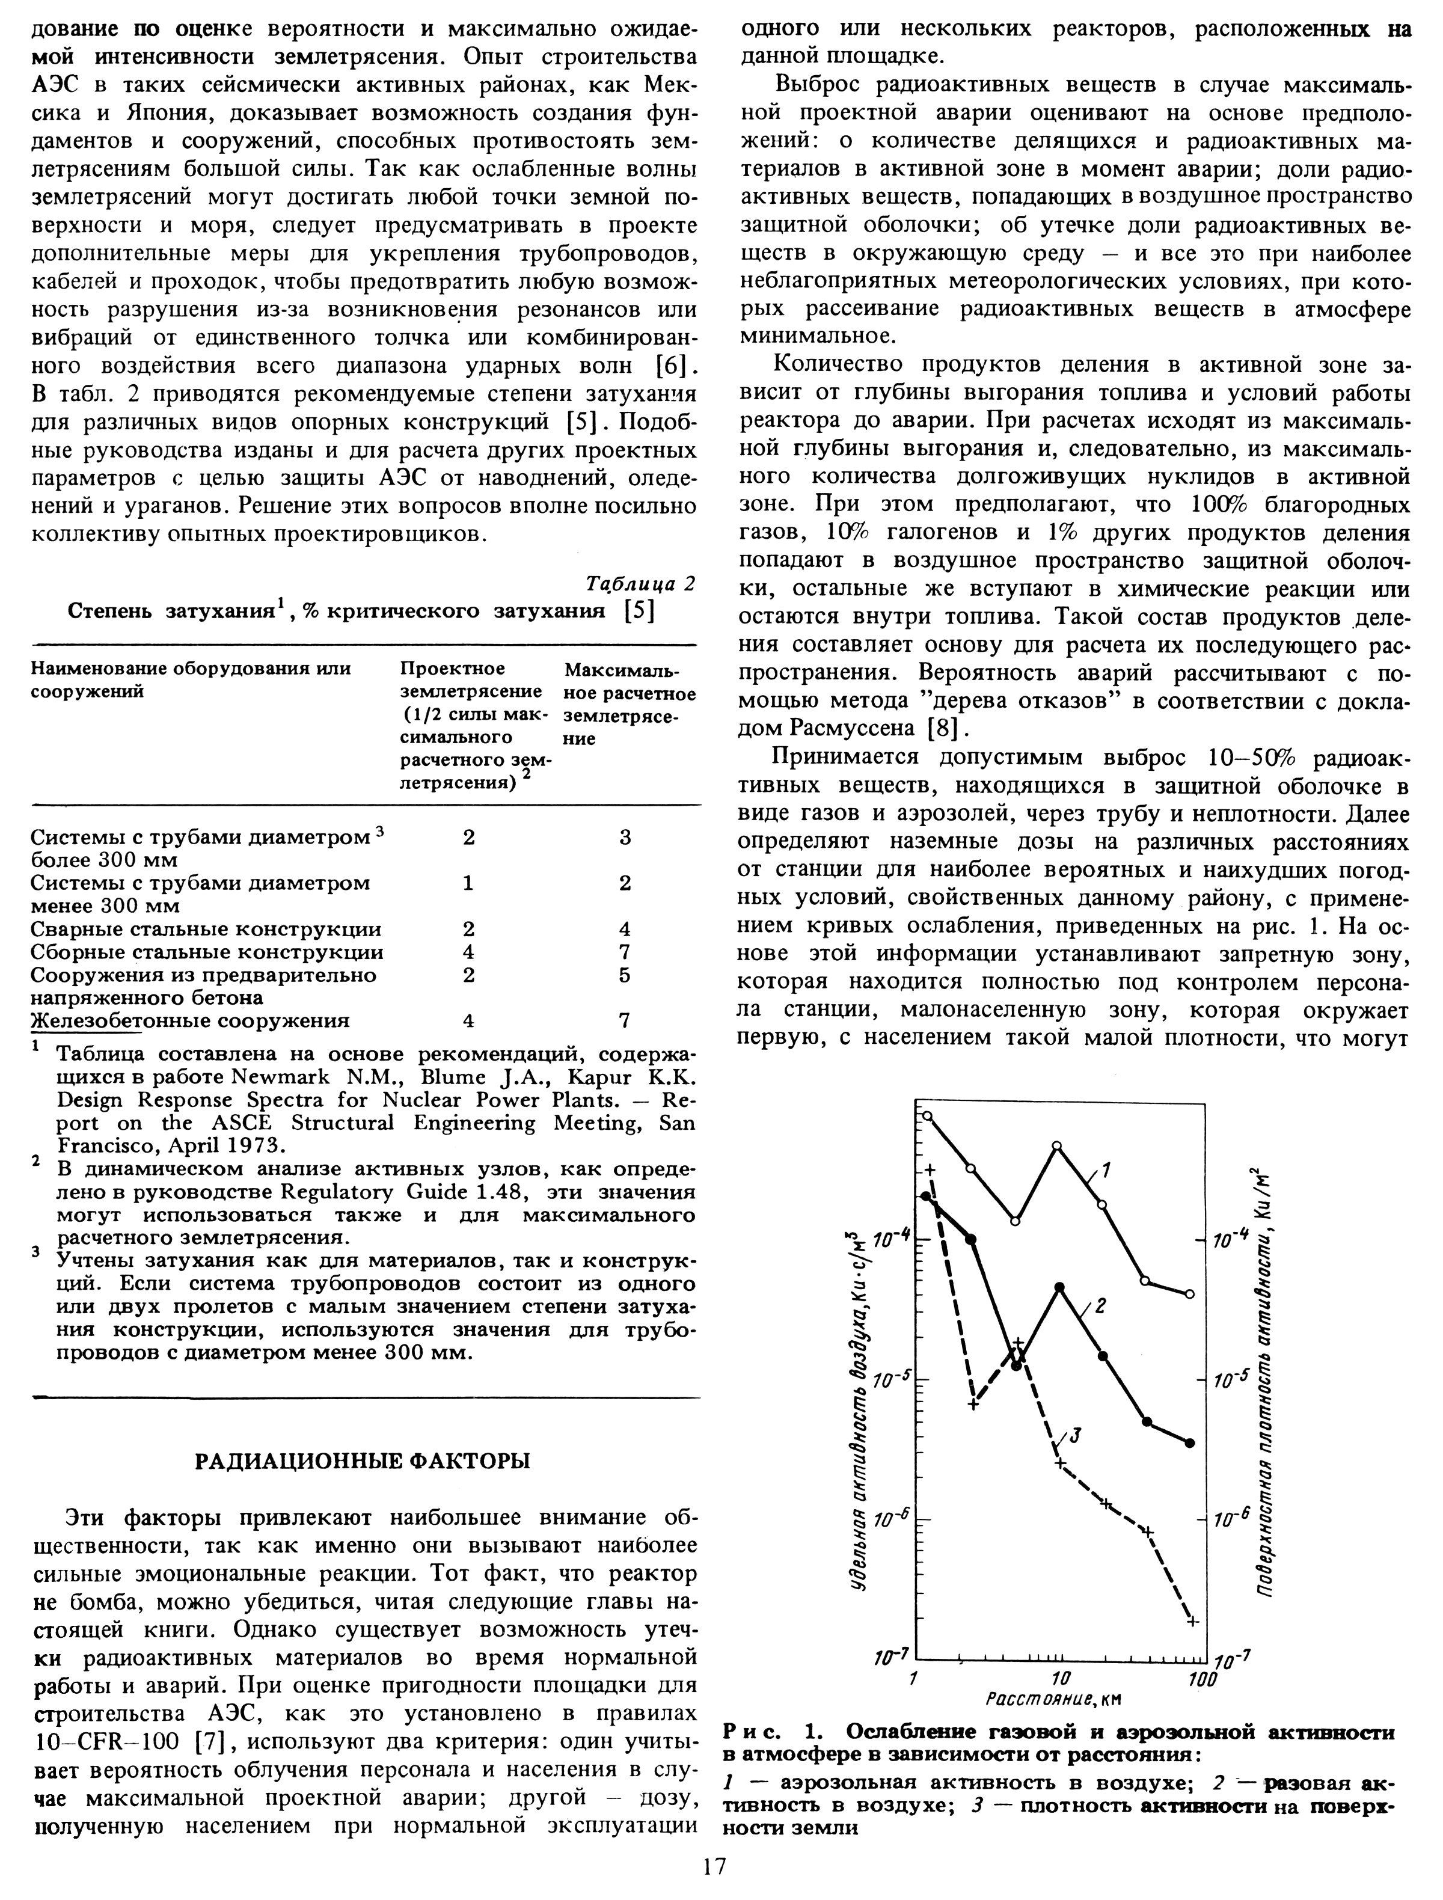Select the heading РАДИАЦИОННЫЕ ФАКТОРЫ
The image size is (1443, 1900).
pos(363,1461)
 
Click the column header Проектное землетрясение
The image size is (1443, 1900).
pos(471,680)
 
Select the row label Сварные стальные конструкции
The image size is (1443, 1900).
pos(206,930)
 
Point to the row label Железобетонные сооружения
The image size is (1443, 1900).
pos(190,1020)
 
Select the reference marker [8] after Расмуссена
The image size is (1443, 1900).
pos(945,729)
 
